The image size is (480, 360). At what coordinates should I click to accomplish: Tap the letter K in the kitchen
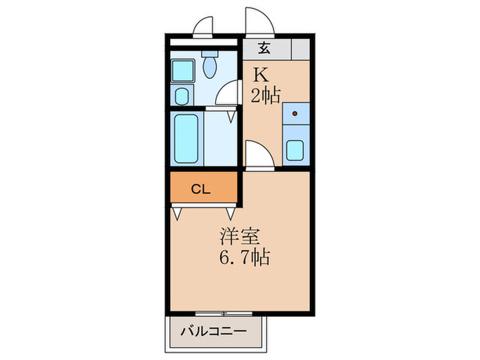pos(261,73)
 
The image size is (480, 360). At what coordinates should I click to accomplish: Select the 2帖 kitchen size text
pos(265,95)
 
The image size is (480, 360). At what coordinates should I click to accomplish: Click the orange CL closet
pos(204,189)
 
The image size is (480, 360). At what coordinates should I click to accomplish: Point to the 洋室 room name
pos(239,237)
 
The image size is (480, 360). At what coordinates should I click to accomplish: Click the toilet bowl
pos(211,67)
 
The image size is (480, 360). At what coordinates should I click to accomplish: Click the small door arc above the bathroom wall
pos(204,26)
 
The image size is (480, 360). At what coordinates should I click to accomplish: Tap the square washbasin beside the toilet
pos(182,69)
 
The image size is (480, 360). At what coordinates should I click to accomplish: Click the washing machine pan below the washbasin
pos(182,95)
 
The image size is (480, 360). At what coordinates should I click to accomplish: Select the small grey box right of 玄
pos(299,49)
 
